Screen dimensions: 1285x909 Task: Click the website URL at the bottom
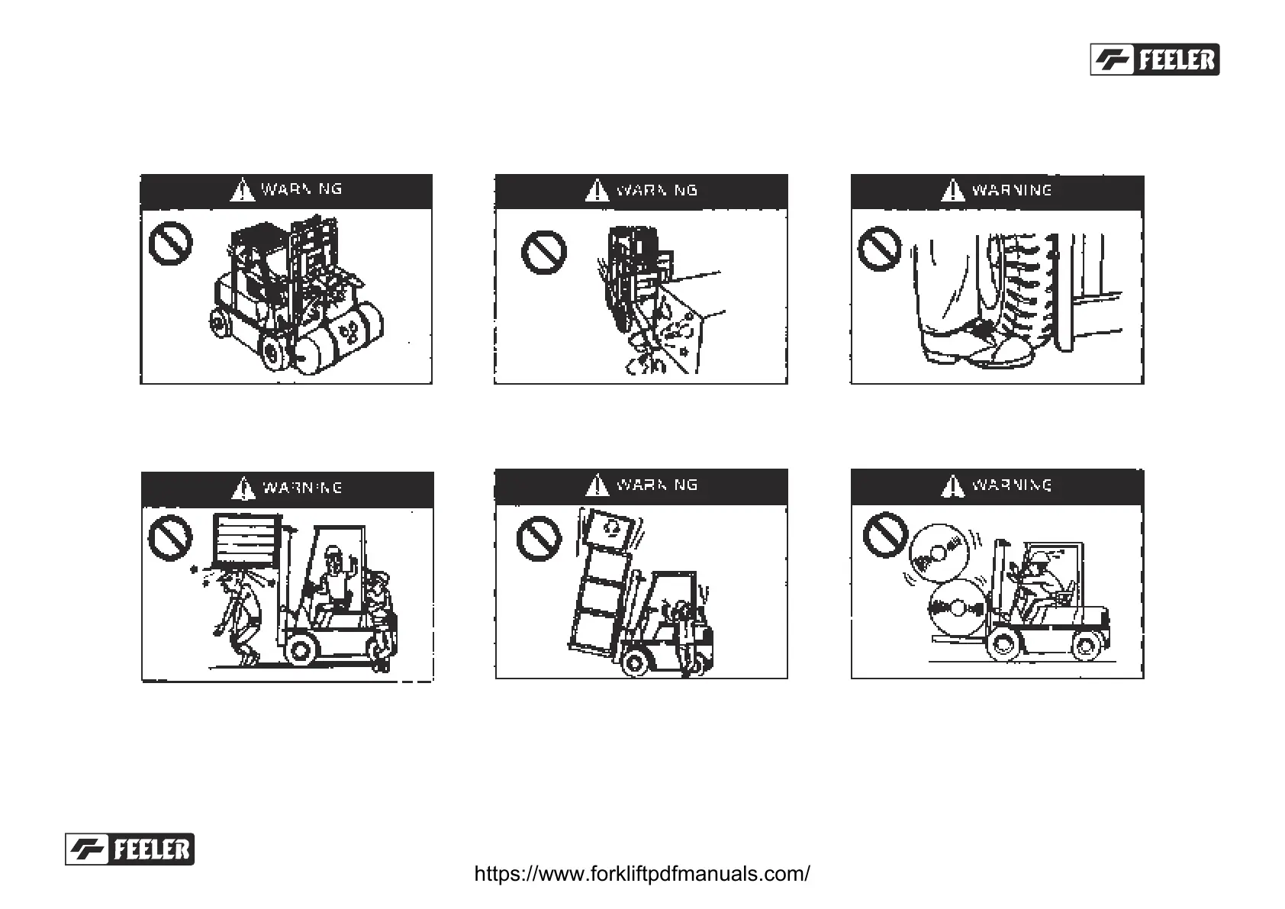(642, 873)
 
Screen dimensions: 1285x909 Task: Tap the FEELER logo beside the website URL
(130, 849)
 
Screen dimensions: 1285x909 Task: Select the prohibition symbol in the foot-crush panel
(879, 248)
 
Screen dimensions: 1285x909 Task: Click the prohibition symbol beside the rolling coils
(885, 533)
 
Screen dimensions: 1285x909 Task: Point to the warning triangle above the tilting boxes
(597, 485)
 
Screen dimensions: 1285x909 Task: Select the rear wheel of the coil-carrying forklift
(1085, 646)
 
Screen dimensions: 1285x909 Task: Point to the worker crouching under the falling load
(239, 618)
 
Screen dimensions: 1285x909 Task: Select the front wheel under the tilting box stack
(636, 661)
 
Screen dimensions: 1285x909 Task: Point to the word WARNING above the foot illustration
(1011, 190)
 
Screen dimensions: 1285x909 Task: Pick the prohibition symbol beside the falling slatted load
(170, 537)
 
